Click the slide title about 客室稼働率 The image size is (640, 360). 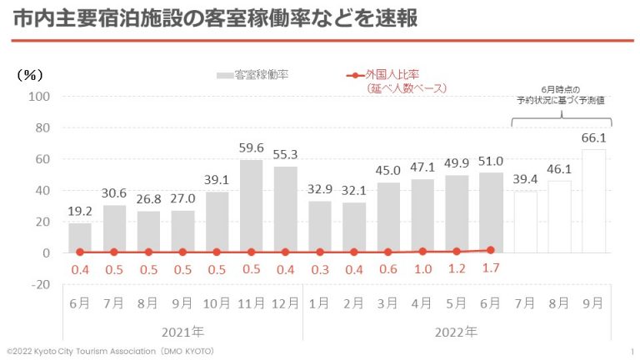pos(215,18)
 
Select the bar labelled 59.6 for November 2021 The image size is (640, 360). pos(251,206)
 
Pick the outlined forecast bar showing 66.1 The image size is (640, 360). pos(593,201)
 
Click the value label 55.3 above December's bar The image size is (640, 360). pos(285,155)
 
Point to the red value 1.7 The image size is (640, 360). pos(490,269)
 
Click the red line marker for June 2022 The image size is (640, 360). pos(491,250)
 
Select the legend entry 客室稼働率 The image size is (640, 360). pos(254,75)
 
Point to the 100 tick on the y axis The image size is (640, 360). pos(41,97)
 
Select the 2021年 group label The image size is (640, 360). pos(182,332)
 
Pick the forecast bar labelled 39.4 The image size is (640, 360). pos(525,222)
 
